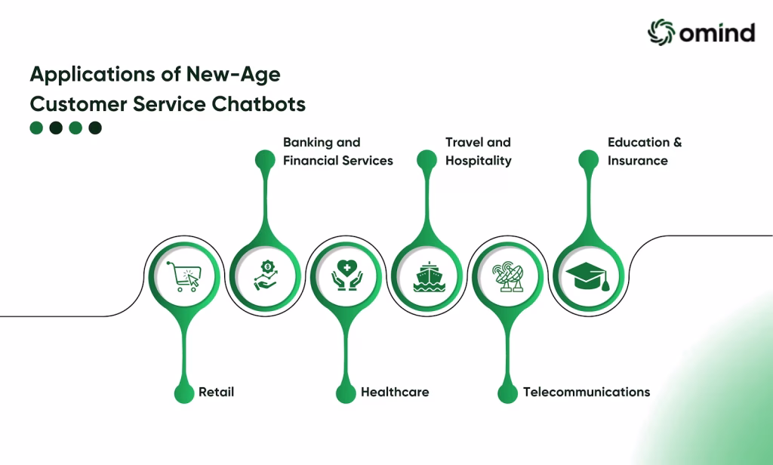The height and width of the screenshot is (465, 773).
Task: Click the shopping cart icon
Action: (183, 276)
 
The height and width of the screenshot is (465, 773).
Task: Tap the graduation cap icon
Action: (587, 276)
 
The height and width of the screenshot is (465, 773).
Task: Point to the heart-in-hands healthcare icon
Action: (347, 276)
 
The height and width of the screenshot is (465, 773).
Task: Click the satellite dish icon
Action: (508, 276)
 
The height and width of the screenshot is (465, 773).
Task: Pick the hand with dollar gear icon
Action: (266, 276)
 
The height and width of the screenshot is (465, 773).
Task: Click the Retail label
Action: (216, 392)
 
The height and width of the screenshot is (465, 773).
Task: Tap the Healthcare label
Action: (395, 392)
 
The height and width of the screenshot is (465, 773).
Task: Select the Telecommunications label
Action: (587, 392)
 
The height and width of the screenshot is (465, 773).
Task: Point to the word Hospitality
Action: (478, 162)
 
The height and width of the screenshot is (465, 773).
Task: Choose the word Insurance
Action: (637, 161)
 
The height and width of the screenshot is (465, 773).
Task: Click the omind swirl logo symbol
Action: (661, 32)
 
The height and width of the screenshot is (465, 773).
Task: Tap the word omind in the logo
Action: (717, 32)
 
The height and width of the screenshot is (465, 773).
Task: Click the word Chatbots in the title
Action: (259, 104)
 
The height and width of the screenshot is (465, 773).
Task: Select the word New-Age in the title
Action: (233, 75)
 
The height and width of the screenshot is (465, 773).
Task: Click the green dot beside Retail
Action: (184, 394)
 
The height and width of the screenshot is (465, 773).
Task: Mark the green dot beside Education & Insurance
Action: (588, 160)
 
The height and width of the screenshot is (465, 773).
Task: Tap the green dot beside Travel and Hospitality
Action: (427, 160)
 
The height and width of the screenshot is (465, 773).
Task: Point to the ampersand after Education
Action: (677, 143)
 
